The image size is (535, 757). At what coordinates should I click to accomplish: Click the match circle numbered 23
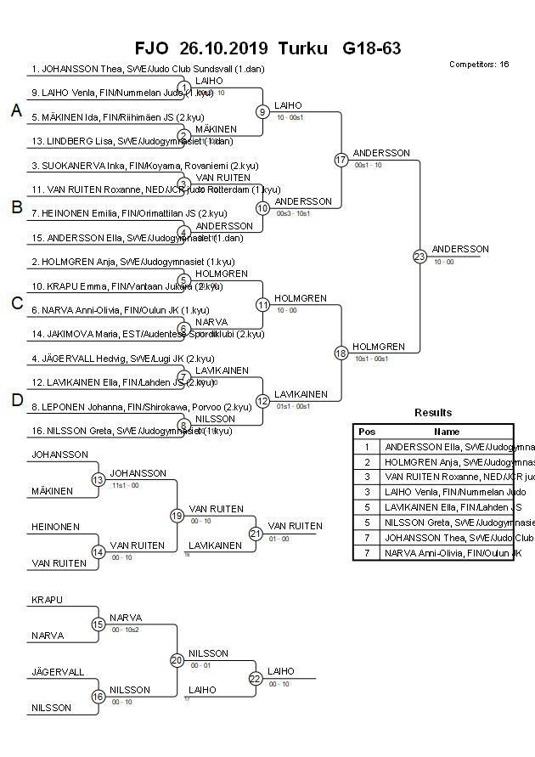coord(420,257)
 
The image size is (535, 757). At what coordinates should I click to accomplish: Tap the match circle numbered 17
coord(341,160)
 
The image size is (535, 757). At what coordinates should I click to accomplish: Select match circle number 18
coord(341,353)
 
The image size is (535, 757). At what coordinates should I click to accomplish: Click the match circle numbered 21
coord(256,534)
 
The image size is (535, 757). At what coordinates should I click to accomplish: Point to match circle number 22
coord(256,678)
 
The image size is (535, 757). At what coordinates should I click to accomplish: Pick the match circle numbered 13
coord(98,480)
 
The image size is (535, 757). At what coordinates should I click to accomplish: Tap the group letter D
coord(16,400)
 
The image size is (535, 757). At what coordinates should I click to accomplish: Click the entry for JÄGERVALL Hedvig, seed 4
coord(122,359)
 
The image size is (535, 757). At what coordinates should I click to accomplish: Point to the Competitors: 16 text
coord(479,65)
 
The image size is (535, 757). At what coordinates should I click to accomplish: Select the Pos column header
coord(367,432)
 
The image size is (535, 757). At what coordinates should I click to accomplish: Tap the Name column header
coord(448,432)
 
